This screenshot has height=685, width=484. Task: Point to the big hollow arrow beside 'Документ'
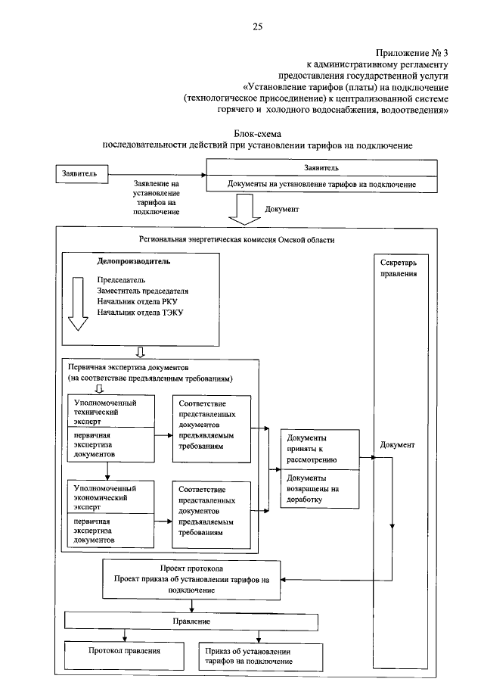(x=244, y=209)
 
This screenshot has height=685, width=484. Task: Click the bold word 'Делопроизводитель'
(x=134, y=262)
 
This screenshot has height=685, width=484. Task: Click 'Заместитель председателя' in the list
(x=142, y=291)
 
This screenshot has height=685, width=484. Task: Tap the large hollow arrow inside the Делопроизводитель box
(x=79, y=303)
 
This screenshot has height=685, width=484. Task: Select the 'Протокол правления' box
(x=125, y=650)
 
